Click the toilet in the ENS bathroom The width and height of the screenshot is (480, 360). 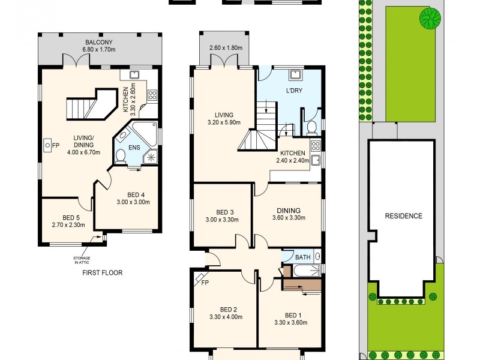[x=121, y=157]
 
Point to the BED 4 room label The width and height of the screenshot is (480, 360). [x=136, y=194]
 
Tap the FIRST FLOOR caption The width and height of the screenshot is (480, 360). [x=102, y=272]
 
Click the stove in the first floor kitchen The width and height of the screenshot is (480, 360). [x=152, y=94]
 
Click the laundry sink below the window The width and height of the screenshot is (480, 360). [x=296, y=75]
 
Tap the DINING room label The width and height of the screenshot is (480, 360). [x=289, y=210]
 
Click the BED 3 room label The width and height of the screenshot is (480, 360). [x=221, y=212]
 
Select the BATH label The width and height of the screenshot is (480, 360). [x=303, y=257]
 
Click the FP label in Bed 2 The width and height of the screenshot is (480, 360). [x=204, y=283]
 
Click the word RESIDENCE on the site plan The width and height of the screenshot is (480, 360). [x=403, y=216]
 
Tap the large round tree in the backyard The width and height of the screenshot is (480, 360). [x=428, y=19]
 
